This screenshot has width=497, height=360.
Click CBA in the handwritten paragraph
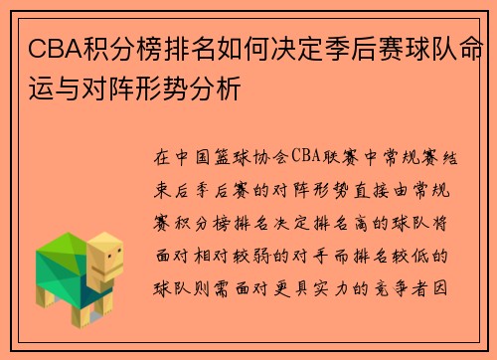pyautogui.click(x=298, y=157)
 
